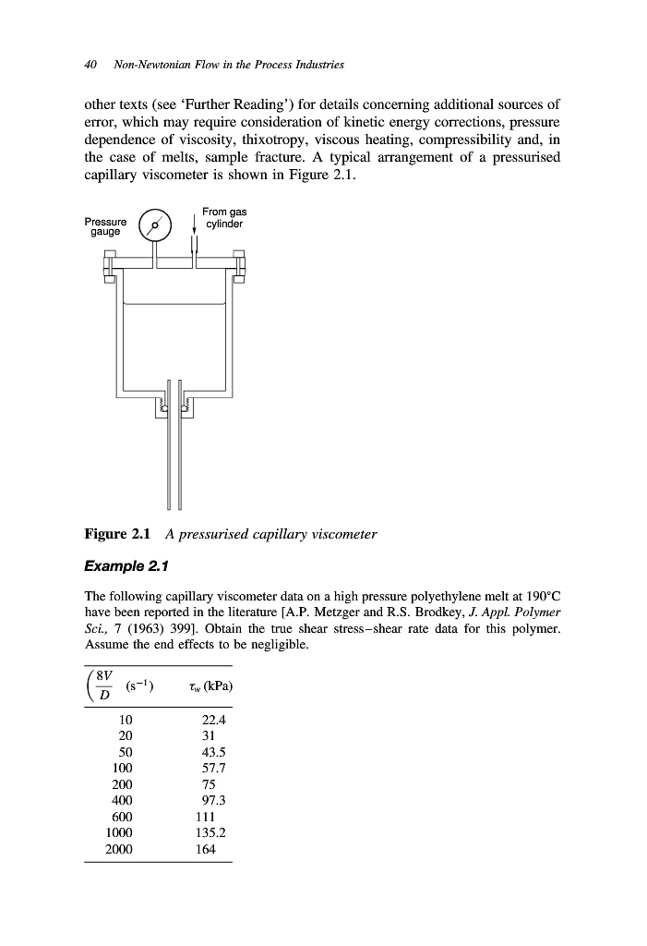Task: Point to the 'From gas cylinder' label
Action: click(x=223, y=218)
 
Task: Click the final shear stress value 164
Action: click(x=205, y=850)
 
